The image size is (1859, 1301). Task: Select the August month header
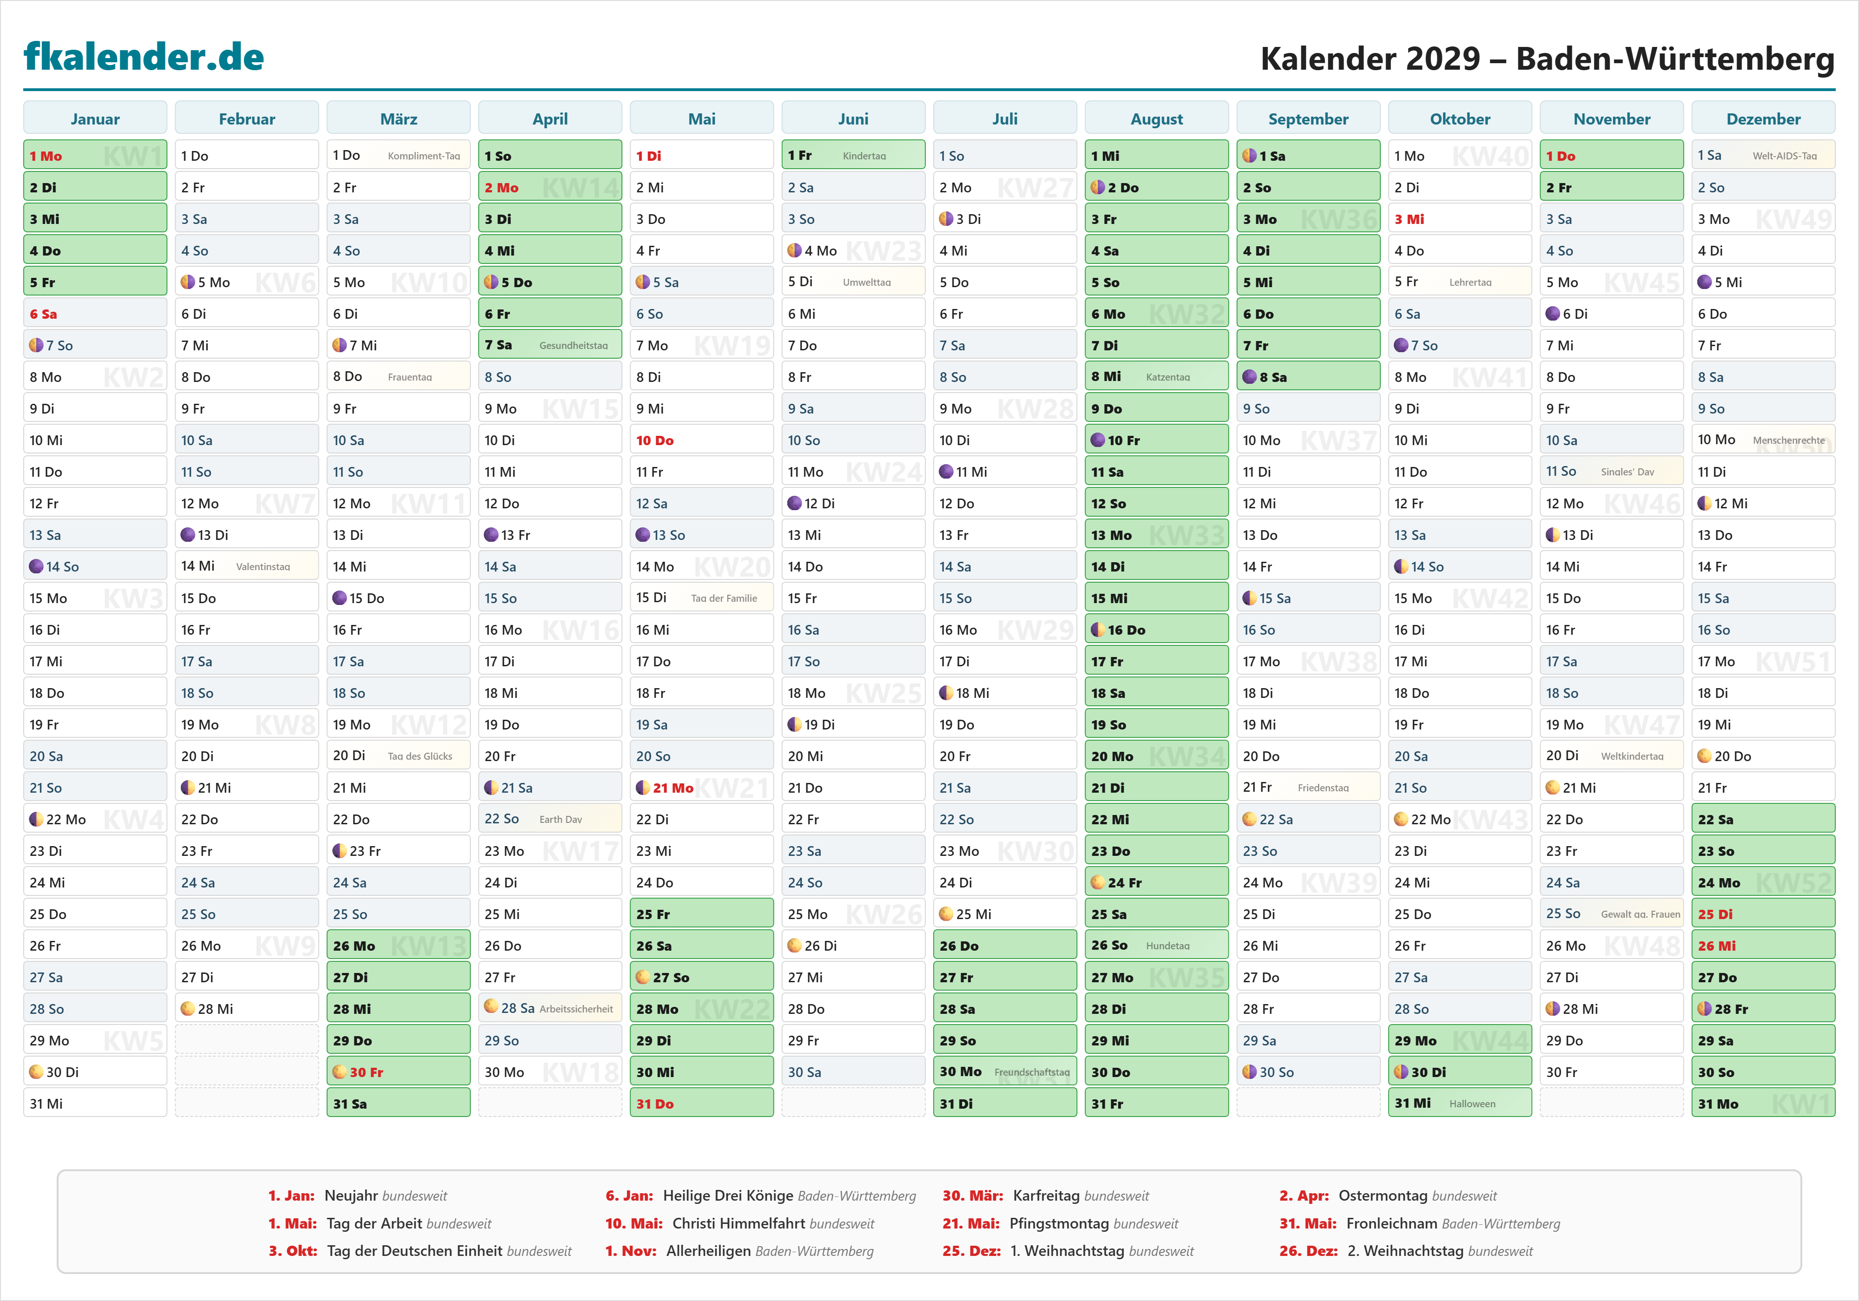[1156, 119]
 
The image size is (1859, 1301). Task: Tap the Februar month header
[247, 119]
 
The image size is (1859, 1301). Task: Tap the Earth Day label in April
[560, 819]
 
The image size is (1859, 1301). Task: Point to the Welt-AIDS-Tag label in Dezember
[1785, 156]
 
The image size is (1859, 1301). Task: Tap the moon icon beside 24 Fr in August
[1097, 882]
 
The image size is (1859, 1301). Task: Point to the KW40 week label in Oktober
[1490, 156]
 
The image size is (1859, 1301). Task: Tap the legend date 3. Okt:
[292, 1251]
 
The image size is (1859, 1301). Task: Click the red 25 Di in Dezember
[1715, 914]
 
